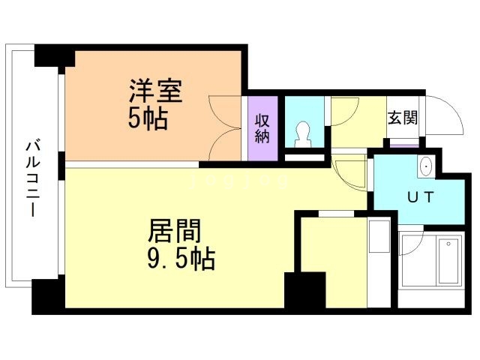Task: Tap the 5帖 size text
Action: coord(147,118)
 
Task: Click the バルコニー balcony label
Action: coord(32,177)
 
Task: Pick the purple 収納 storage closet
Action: coord(262,129)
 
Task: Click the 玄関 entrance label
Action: coord(403,118)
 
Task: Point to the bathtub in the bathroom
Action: coord(448,261)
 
